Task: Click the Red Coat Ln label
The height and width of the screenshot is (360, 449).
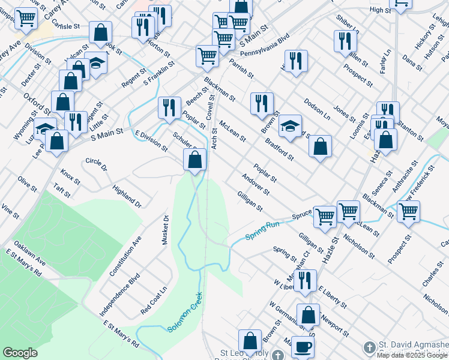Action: click(154, 301)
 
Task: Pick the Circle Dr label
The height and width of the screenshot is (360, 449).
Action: click(96, 163)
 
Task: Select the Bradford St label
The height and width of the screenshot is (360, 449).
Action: click(279, 149)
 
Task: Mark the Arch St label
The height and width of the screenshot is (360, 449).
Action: click(214, 139)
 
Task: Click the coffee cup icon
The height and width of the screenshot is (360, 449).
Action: click(304, 346)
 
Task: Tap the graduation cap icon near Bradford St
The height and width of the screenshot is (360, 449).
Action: click(289, 125)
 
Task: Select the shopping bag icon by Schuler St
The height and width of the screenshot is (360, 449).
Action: click(194, 159)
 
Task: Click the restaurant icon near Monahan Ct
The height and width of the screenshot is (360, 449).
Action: click(305, 280)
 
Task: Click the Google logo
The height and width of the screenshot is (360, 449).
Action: click(20, 353)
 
